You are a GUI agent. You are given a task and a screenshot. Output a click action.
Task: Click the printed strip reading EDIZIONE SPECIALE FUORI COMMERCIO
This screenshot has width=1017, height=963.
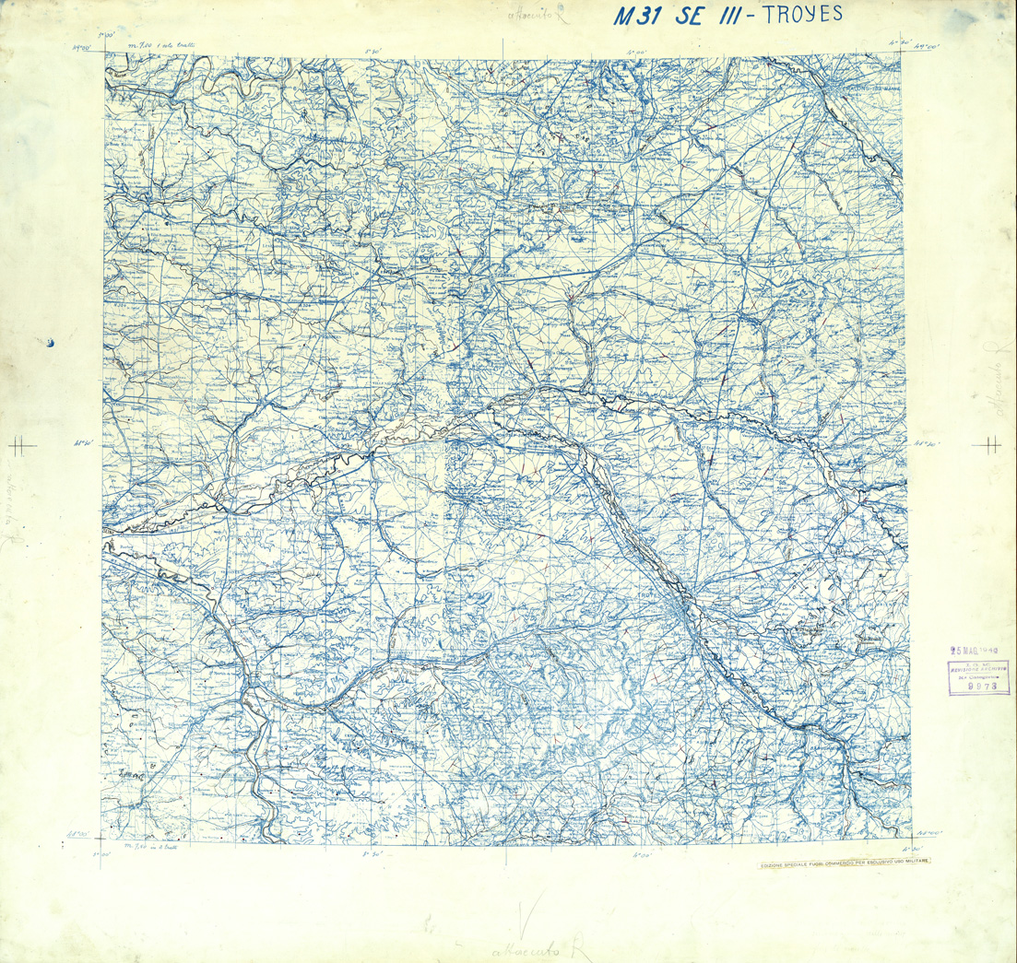(x=844, y=863)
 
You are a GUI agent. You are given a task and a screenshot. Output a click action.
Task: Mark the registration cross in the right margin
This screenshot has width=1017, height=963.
(x=991, y=444)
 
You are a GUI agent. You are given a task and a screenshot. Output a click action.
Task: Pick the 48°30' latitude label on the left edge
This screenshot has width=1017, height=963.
(x=86, y=443)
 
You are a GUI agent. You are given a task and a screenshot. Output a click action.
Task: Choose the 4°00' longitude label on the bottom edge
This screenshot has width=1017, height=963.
(x=642, y=855)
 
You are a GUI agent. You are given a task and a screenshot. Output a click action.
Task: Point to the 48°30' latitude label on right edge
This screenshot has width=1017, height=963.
(x=927, y=443)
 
